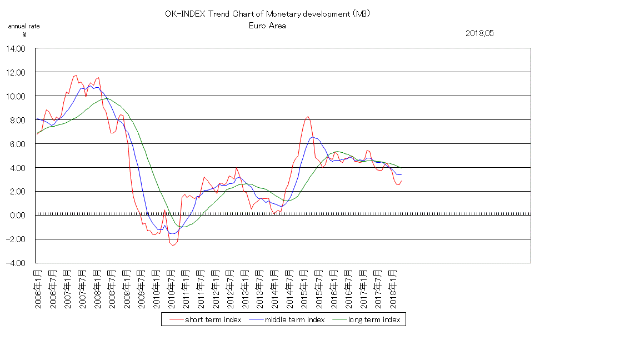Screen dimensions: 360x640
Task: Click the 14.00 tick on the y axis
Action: pos(17,48)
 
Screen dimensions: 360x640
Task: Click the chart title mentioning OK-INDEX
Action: pos(267,14)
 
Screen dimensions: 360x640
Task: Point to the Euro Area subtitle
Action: pos(267,26)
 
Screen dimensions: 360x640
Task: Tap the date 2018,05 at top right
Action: pos(479,33)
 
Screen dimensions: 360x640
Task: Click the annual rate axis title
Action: pos(24,26)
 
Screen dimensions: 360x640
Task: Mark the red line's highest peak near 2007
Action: pos(76,76)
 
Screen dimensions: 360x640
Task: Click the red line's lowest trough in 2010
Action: pos(173,245)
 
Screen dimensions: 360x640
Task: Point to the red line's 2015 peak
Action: pos(308,117)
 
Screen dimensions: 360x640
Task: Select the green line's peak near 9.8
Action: pos(107,98)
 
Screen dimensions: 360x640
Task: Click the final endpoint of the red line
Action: pos(402,181)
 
